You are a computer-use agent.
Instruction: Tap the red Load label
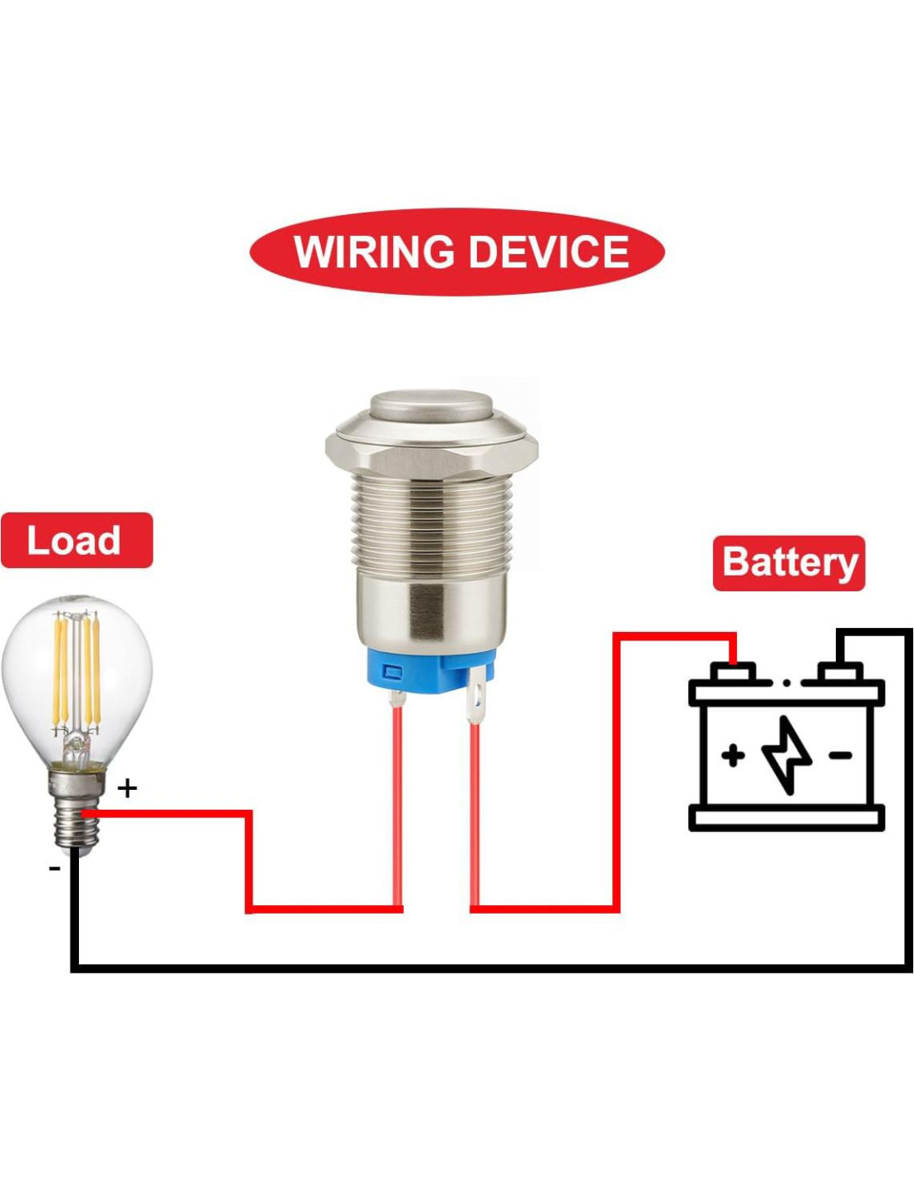76,541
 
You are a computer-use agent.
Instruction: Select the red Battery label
789,562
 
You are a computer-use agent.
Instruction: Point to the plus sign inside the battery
732,756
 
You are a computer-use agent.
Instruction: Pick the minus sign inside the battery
840,755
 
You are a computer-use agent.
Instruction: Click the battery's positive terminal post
733,671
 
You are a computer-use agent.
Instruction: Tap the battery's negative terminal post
839,671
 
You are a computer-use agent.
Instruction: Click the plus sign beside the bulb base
127,787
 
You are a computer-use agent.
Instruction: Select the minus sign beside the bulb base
55,868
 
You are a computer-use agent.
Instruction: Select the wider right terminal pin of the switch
476,703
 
